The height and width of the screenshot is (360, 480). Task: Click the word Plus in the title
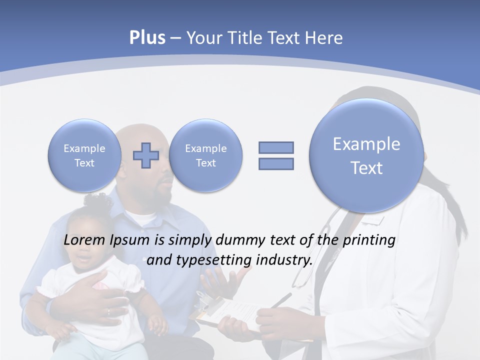coord(147,38)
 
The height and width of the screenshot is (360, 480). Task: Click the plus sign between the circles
coord(145,155)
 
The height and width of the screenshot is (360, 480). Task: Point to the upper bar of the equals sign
coord(276,147)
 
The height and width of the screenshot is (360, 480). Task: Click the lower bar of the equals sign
coord(276,163)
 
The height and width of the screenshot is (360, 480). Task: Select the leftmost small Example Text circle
coord(84,155)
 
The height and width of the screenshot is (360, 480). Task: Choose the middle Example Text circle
coord(205,155)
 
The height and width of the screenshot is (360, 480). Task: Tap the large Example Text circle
coord(366,155)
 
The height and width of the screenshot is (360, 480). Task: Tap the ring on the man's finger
coord(108,312)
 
